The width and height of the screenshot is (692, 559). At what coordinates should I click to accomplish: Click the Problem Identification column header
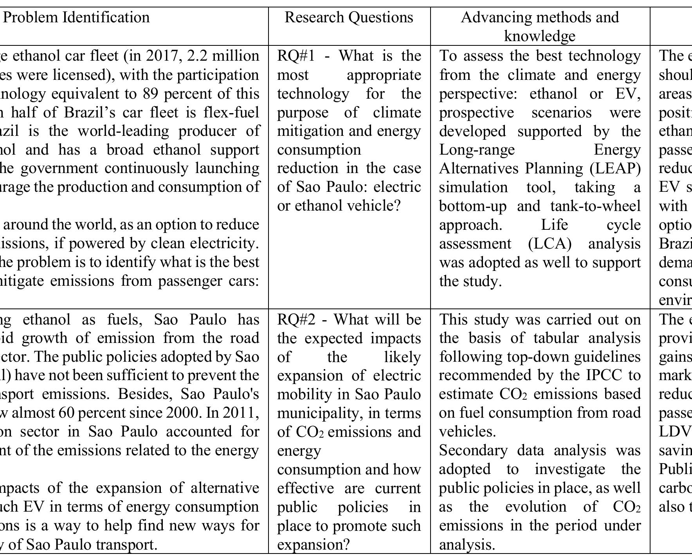tap(76, 18)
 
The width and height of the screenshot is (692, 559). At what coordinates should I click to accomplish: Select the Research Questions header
tap(349, 18)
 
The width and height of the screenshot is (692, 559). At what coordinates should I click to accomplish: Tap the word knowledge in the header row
tap(540, 36)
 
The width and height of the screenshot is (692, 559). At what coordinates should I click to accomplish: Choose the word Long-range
tap(477, 150)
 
